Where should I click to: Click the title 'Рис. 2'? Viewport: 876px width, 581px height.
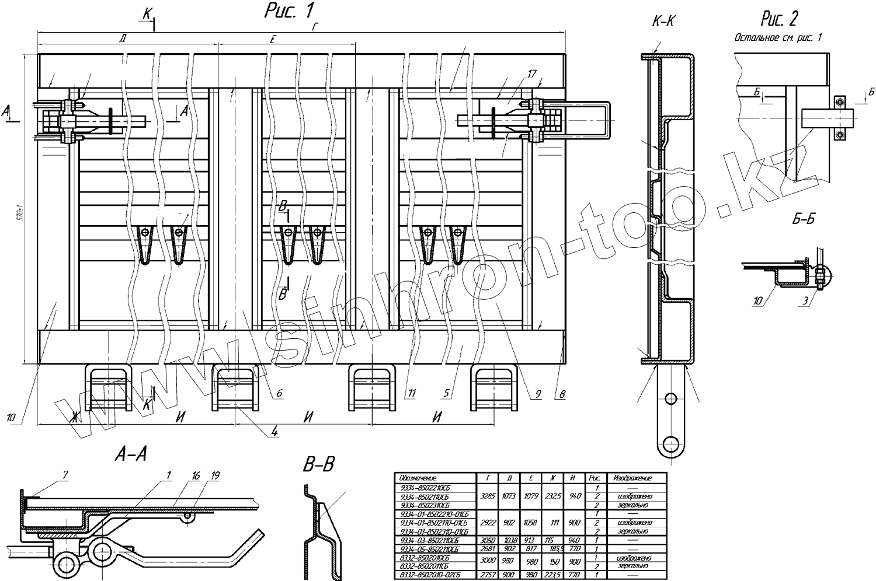[x=779, y=20]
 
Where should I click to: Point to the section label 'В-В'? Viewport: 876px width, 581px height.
[x=319, y=464]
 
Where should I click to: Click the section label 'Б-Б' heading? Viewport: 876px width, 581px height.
[x=803, y=219]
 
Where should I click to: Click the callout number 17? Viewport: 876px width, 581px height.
[x=531, y=73]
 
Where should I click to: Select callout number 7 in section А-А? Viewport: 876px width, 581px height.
[x=65, y=477]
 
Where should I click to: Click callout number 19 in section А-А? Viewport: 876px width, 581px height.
[x=215, y=477]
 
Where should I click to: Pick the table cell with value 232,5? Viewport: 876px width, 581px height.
[x=552, y=496]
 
